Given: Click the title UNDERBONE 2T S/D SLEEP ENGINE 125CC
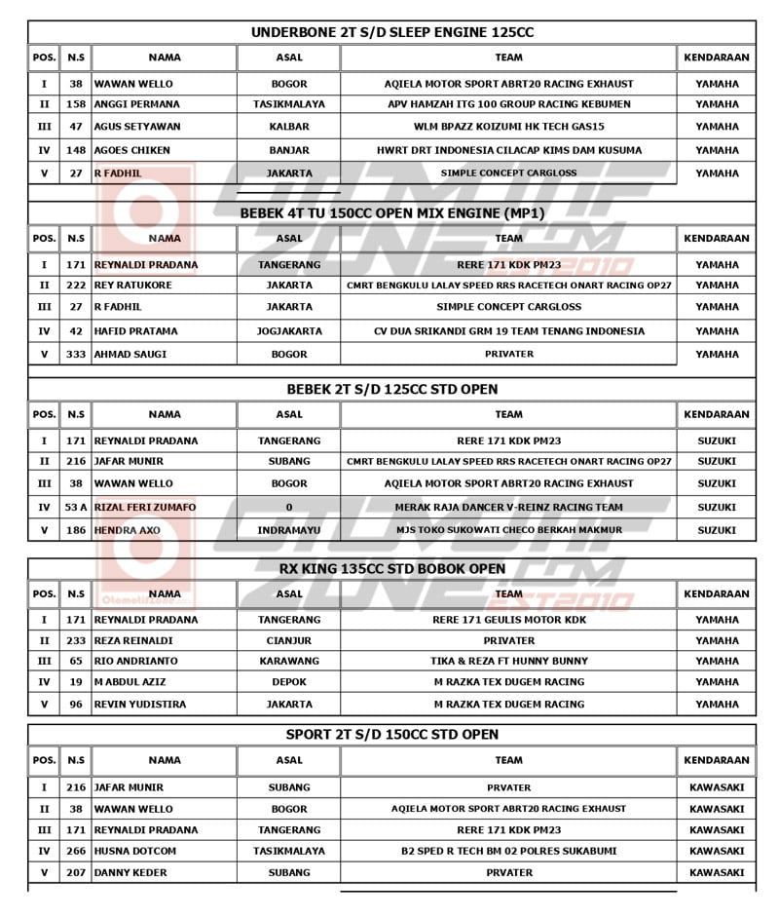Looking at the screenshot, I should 391,32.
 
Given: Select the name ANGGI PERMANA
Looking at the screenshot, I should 136,104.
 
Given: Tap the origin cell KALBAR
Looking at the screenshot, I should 289,127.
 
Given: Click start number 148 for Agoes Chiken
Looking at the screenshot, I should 75,150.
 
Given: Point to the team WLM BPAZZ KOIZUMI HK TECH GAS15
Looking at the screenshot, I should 508,127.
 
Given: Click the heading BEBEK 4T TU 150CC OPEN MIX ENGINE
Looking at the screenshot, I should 391,213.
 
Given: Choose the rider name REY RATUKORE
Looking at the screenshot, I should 132,286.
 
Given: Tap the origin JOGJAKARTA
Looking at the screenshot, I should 289,331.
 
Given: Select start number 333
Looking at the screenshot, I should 75,354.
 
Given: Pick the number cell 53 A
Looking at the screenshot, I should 75,507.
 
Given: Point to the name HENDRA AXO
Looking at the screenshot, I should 128,530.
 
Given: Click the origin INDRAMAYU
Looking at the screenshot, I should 289,530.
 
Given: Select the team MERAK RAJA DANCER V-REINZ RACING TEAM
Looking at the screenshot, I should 508,507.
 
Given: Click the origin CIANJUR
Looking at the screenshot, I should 289,641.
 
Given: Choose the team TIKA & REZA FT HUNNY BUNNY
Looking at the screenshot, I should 508,661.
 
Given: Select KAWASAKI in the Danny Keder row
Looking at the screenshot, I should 717,872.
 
